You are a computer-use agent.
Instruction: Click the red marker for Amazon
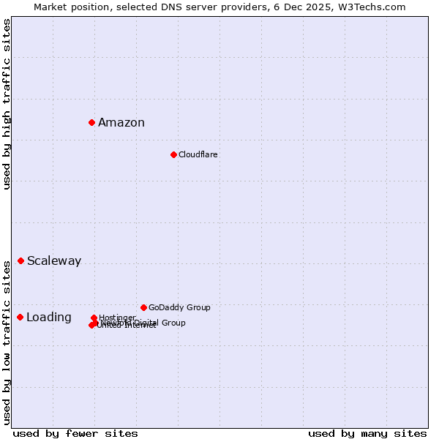coord(91,122)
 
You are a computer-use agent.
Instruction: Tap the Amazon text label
coord(121,123)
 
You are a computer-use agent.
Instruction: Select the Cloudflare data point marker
coord(173,154)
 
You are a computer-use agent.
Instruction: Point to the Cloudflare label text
coord(198,155)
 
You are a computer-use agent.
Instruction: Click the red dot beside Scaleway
coord(20,260)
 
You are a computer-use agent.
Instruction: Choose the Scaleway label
coord(54,261)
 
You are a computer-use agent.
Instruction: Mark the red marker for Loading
coord(20,317)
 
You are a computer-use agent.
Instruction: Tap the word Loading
coord(49,318)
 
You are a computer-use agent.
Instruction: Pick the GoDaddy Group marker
coord(143,307)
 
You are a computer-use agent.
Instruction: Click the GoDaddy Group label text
coord(179,308)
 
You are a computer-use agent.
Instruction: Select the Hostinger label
coord(117,318)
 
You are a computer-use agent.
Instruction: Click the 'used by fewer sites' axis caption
coord(75,433)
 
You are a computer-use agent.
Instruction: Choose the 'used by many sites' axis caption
coord(367,433)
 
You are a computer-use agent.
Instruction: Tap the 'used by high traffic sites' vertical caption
coord(7,104)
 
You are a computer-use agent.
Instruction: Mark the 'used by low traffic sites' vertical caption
coord(7,342)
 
